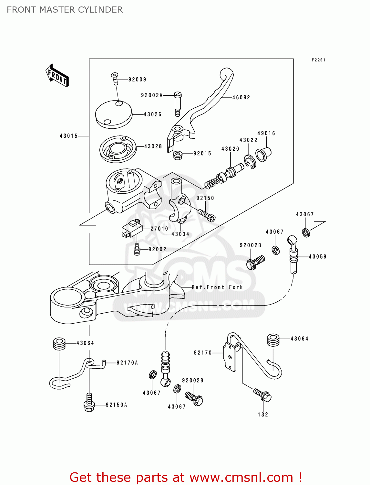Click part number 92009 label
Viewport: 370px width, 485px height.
137,80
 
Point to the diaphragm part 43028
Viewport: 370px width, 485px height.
118,149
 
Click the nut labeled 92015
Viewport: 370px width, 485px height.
177,155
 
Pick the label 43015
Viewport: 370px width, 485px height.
68,136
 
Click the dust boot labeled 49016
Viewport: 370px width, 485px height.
263,154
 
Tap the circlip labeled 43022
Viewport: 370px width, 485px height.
250,162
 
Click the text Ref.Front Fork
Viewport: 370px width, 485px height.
217,287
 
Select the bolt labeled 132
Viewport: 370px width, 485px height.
263,395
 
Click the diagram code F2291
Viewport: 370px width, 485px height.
318,60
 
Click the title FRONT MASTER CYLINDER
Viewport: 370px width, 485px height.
65,10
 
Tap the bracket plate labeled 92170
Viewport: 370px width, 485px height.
230,357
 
